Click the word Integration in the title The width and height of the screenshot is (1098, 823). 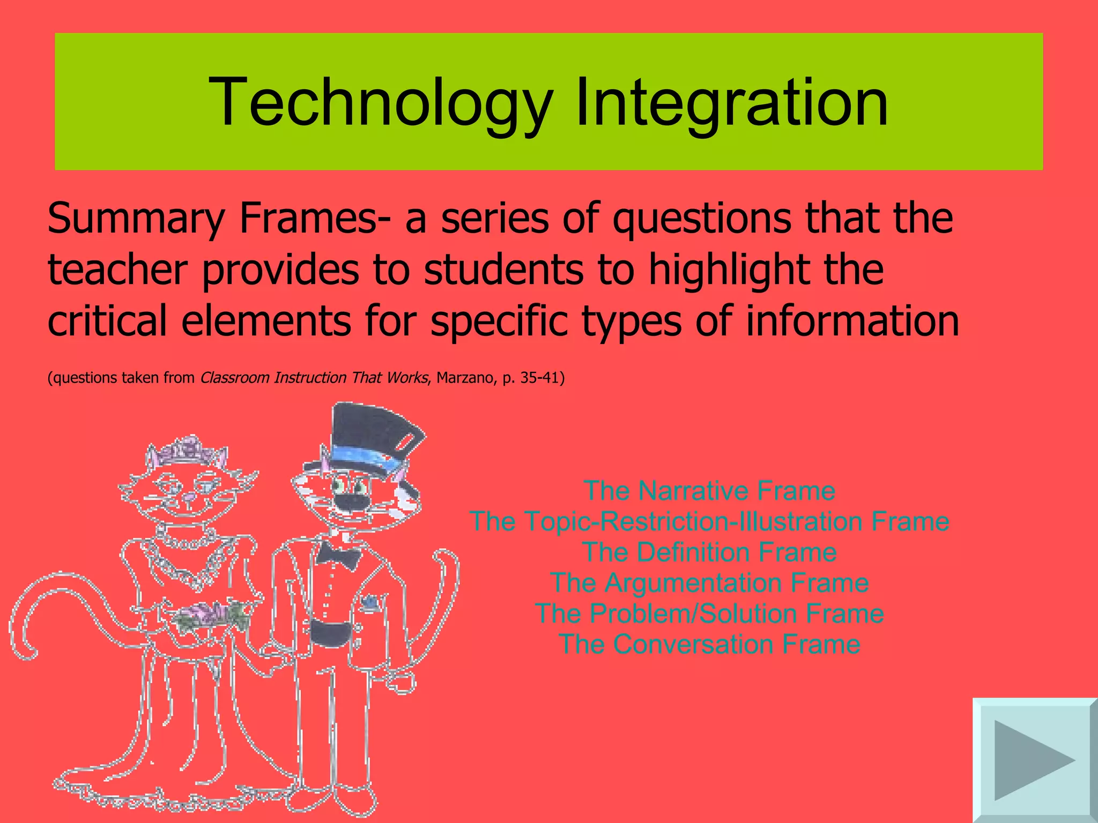pyautogui.click(x=732, y=102)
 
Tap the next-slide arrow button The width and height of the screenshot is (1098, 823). pyautogui.click(x=1034, y=760)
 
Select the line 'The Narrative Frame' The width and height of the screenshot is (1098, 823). pyautogui.click(x=709, y=491)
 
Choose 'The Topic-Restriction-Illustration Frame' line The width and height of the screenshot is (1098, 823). pyautogui.click(x=709, y=521)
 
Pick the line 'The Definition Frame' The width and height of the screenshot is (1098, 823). pyautogui.click(x=709, y=552)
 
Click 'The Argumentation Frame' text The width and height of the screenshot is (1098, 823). pyautogui.click(x=709, y=582)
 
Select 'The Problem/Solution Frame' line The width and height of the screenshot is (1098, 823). pyautogui.click(x=709, y=613)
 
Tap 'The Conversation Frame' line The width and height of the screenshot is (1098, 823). pyautogui.click(x=709, y=644)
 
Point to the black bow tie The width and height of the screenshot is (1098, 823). pyautogui.click(x=337, y=555)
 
